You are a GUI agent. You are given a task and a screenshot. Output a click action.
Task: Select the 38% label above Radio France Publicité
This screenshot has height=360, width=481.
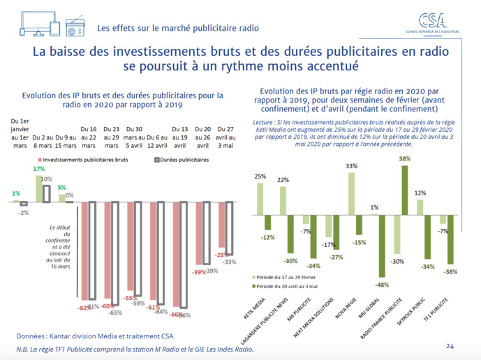coord(404,158)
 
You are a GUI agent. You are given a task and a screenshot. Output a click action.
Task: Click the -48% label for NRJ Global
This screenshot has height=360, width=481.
coord(382,284)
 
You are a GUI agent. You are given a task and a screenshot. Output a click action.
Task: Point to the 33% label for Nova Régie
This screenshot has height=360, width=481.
coord(352,166)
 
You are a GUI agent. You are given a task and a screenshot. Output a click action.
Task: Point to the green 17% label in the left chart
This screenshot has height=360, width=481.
coord(39,170)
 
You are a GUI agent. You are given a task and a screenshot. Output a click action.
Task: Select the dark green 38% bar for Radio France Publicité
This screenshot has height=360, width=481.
coord(404,189)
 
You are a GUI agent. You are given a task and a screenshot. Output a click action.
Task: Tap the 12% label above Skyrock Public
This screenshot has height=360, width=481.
coord(420,193)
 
